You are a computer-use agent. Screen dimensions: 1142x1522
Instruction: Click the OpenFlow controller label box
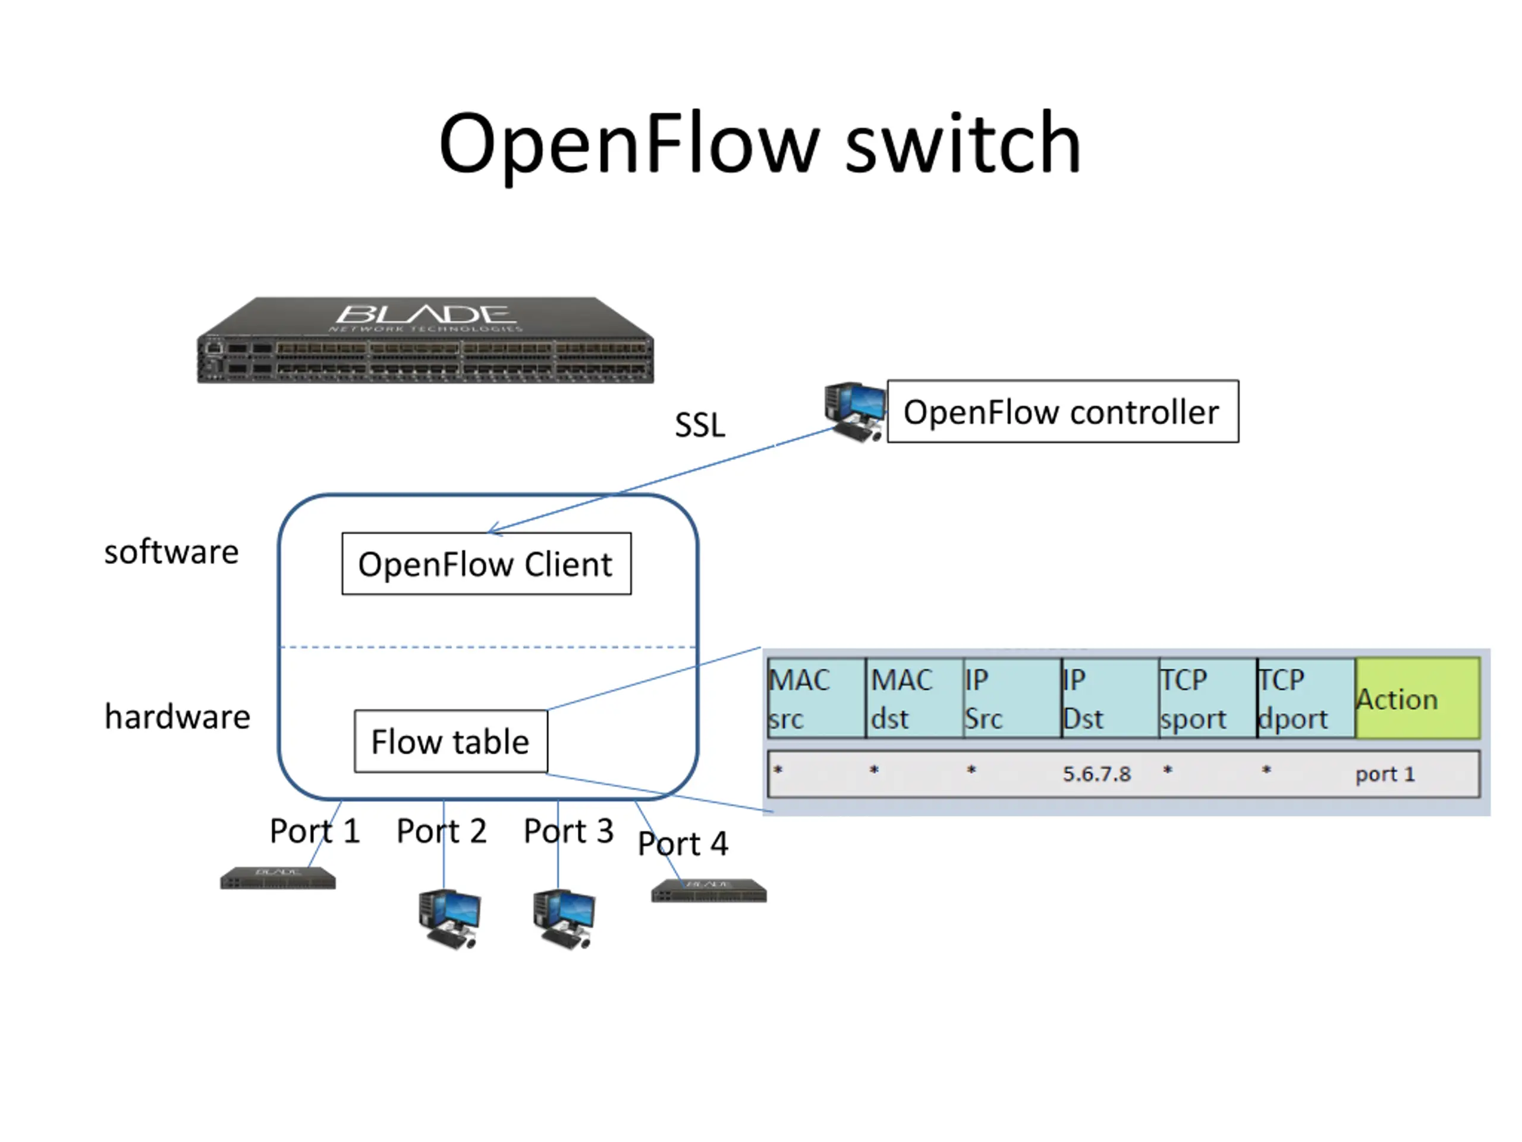point(1062,412)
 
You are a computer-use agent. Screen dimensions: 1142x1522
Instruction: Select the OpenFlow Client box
point(486,564)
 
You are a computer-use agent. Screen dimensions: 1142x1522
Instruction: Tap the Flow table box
point(451,741)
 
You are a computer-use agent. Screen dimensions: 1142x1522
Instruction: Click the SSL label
point(699,425)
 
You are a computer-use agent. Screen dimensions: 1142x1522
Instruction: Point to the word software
point(171,552)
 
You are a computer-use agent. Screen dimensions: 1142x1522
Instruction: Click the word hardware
point(177,717)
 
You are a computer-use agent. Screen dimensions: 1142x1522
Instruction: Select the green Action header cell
point(1417,699)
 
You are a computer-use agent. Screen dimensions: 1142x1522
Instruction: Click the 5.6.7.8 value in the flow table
point(1096,774)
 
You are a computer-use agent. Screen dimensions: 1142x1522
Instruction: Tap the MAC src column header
point(816,699)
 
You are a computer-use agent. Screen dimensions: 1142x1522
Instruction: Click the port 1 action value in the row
point(1385,774)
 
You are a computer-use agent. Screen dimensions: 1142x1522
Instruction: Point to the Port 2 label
point(441,831)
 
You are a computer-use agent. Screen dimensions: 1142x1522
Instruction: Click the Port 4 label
point(683,844)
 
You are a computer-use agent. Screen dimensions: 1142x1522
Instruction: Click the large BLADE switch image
point(425,341)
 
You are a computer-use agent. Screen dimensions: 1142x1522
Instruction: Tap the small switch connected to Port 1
point(278,879)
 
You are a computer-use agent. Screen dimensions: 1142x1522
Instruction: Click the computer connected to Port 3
point(564,920)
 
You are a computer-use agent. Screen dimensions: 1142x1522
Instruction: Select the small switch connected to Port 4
point(709,891)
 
